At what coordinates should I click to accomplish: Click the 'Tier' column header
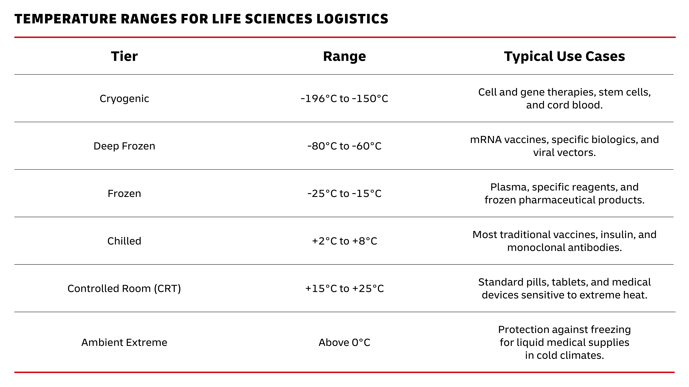124,56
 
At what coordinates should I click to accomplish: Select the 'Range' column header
344,56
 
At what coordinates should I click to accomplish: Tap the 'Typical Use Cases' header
564,56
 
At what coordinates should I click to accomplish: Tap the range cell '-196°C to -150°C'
344,99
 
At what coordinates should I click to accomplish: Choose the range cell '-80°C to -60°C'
344,146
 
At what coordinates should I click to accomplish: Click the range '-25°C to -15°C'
344,193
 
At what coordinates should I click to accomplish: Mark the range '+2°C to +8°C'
344,241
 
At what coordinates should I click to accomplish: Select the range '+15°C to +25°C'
344,288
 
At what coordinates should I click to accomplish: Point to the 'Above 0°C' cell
344,342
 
